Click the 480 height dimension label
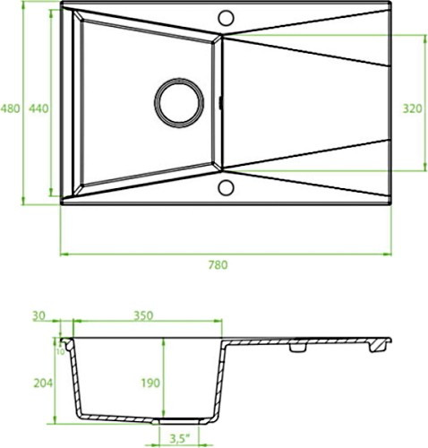(10, 108)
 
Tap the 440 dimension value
(39, 108)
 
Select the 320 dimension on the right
(413, 108)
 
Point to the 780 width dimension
(218, 265)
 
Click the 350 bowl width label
(143, 315)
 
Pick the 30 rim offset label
(39, 315)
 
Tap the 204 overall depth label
(43, 383)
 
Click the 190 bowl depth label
(150, 383)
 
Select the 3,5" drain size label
(180, 439)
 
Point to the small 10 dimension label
(60, 352)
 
